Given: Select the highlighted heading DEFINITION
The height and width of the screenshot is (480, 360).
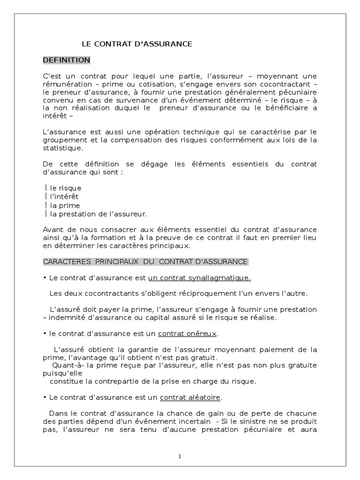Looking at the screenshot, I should (x=67, y=60).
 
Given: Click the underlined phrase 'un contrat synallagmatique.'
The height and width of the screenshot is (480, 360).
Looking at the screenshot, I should (x=199, y=277).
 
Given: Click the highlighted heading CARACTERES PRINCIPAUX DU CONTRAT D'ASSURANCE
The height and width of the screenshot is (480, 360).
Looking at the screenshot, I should (x=145, y=261).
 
